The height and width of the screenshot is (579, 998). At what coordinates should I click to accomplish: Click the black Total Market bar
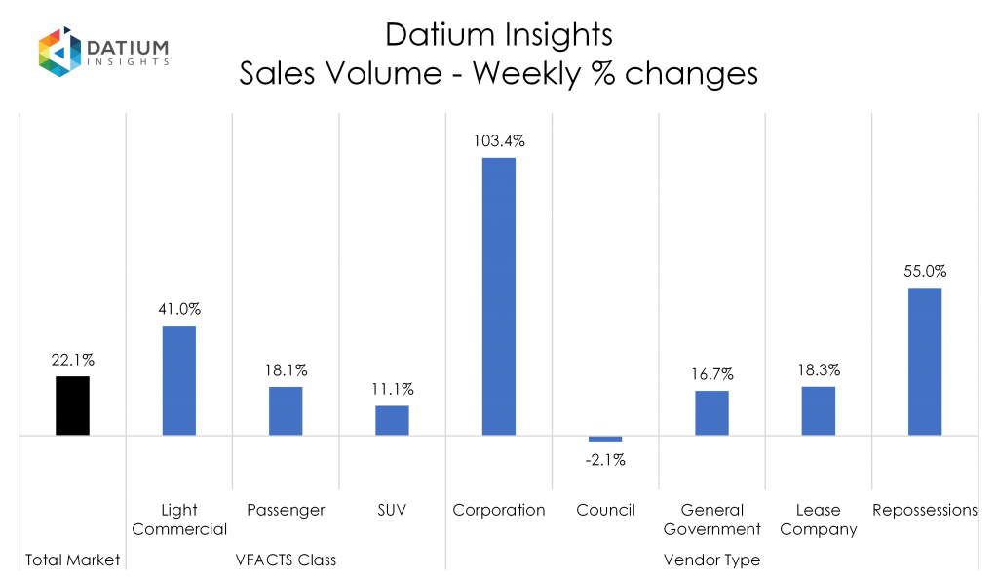(x=72, y=405)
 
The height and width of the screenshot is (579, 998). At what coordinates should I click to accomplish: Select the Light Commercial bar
(x=178, y=380)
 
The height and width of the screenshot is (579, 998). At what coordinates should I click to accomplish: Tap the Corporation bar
(x=498, y=296)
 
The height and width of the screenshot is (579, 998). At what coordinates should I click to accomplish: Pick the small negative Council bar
(x=605, y=439)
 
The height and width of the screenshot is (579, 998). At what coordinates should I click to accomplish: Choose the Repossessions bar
(x=925, y=361)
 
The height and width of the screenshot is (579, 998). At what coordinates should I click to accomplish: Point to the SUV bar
(x=392, y=420)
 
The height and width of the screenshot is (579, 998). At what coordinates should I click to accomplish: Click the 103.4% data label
(x=498, y=141)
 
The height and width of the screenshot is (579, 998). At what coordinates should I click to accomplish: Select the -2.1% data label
(x=605, y=460)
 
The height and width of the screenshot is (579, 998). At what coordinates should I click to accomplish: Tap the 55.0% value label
(x=925, y=271)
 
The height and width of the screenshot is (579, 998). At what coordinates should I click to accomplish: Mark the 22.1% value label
(x=72, y=360)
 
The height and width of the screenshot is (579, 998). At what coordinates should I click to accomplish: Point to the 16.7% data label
(x=711, y=374)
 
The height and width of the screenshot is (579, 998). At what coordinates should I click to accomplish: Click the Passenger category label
(x=286, y=510)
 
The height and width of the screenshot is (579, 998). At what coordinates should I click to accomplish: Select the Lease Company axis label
(x=818, y=520)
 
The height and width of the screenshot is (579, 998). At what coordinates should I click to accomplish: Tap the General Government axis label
(x=711, y=520)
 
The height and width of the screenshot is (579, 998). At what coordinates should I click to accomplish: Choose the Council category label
(x=605, y=510)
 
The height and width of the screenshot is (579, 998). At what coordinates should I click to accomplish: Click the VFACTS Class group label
(x=286, y=560)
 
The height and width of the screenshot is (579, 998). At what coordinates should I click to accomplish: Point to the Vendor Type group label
(x=711, y=560)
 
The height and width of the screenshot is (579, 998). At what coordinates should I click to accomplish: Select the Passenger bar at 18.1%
(x=286, y=410)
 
